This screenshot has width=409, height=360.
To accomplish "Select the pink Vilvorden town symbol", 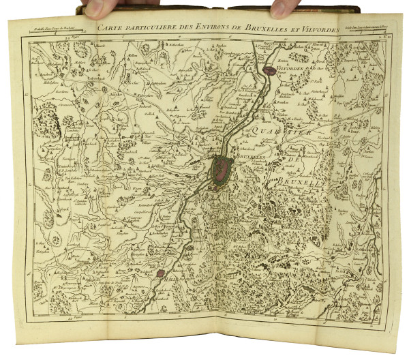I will (269, 69).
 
